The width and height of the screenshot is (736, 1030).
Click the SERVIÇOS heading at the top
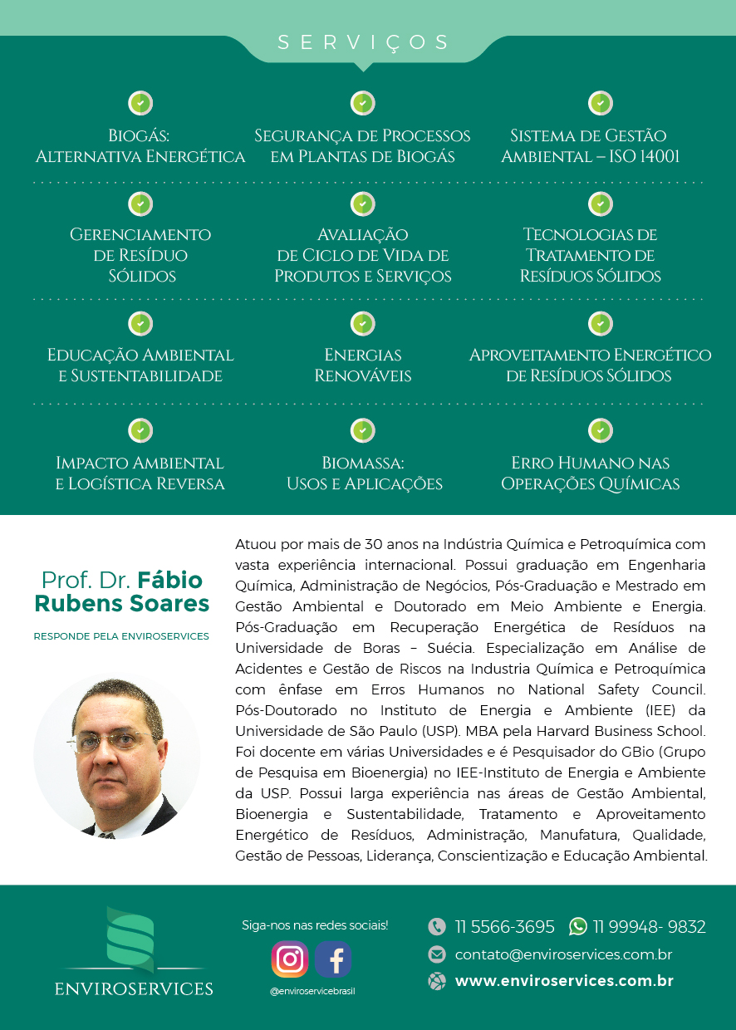pyautogui.click(x=363, y=42)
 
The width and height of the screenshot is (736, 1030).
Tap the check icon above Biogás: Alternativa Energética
pyautogui.click(x=140, y=104)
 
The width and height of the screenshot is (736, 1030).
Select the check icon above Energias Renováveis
pyautogui.click(x=363, y=323)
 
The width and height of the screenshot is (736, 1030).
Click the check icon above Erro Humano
pyautogui.click(x=601, y=430)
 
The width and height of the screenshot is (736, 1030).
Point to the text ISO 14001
pyautogui.click(x=645, y=157)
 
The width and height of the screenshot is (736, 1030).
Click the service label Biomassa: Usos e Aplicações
pyautogui.click(x=364, y=473)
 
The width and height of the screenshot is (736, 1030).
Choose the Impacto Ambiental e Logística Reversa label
pyautogui.click(x=140, y=473)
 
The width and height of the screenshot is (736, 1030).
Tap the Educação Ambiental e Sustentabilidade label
pyautogui.click(x=140, y=365)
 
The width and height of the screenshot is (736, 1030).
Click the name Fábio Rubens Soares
pyautogui.click(x=122, y=591)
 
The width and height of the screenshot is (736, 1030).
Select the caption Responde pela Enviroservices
pyautogui.click(x=121, y=636)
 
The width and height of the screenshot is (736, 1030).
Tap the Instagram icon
pyautogui.click(x=290, y=959)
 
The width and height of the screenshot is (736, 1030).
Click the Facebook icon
pyautogui.click(x=334, y=959)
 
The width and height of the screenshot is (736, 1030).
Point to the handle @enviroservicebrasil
pyautogui.click(x=312, y=991)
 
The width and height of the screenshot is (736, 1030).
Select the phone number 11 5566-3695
pyautogui.click(x=504, y=927)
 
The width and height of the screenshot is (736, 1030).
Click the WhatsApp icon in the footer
pyautogui.click(x=578, y=926)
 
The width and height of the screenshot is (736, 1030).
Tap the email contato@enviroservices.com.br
pyautogui.click(x=563, y=954)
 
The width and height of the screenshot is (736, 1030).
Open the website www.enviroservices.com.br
pyautogui.click(x=564, y=981)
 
